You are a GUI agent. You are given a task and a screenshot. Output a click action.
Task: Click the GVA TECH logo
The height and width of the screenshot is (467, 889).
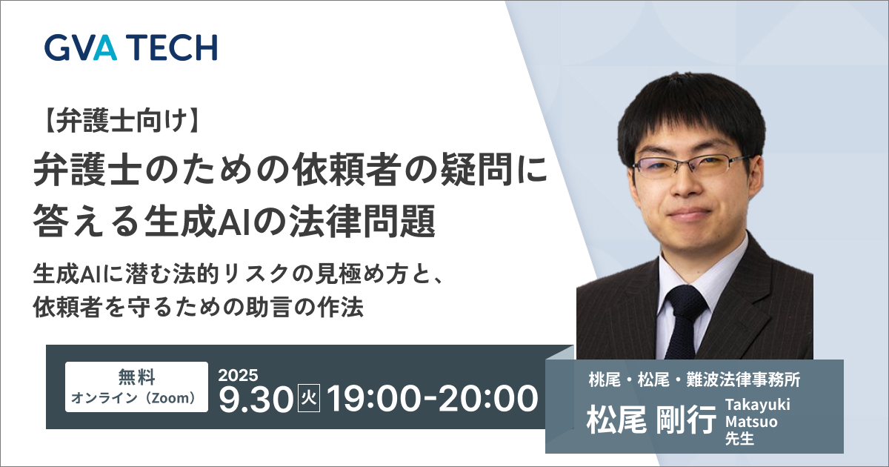[130, 47]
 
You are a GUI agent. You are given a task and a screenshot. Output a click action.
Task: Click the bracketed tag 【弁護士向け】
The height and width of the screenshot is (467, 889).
[121, 121]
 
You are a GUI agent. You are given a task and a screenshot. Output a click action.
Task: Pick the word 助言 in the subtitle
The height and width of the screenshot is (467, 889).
[267, 307]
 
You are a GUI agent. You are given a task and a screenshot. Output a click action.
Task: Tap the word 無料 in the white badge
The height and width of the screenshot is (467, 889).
[136, 377]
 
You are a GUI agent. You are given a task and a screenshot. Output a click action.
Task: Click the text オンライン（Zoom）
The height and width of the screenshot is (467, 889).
[136, 398]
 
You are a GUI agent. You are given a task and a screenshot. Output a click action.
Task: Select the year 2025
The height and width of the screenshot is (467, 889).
[238, 375]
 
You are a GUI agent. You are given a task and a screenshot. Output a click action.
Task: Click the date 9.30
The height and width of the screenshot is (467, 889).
[256, 399]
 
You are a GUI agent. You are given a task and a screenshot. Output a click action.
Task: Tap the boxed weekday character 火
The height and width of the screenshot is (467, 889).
[309, 398]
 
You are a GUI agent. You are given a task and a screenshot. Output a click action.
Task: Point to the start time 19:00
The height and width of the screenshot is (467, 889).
[373, 399]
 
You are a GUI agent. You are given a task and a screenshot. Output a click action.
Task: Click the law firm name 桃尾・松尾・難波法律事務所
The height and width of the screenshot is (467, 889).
[695, 380]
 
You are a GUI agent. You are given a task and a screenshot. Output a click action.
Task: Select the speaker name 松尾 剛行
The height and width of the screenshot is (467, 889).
[652, 420]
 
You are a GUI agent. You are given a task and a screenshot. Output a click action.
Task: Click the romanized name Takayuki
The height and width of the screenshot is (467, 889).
[758, 405]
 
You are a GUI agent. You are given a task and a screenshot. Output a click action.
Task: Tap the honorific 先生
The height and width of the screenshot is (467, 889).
[740, 438]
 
